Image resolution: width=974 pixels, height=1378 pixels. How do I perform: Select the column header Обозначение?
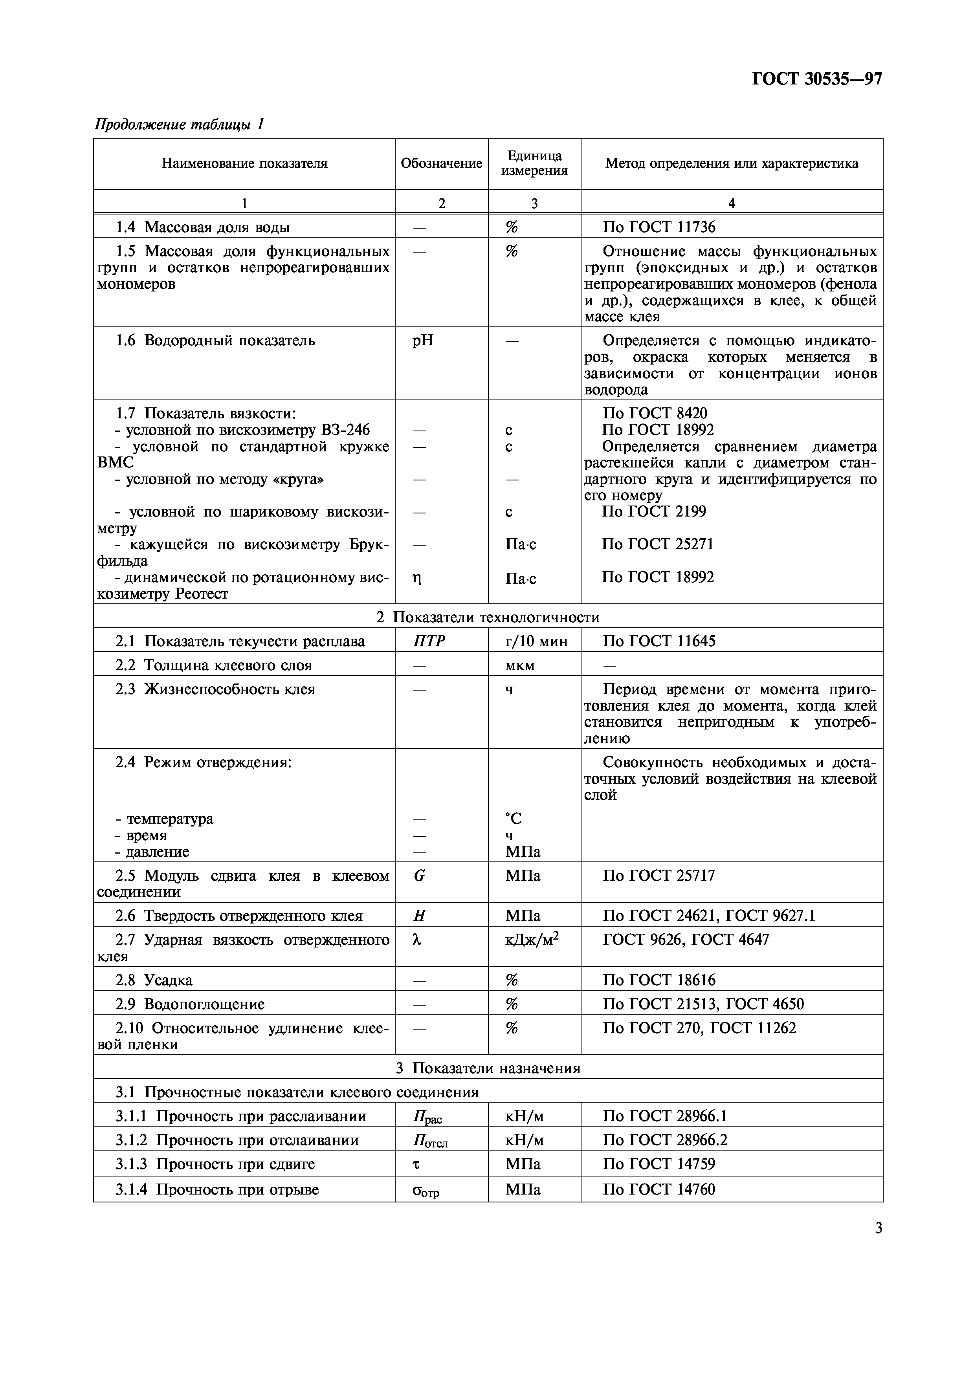pyautogui.click(x=441, y=163)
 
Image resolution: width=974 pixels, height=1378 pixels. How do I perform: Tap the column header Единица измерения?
pyautogui.click(x=534, y=163)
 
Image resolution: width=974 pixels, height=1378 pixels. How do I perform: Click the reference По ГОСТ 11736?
pyautogui.click(x=659, y=227)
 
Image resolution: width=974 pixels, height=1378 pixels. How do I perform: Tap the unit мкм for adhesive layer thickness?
pyautogui.click(x=520, y=665)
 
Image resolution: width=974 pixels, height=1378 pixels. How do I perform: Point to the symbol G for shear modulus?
pyautogui.click(x=420, y=876)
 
